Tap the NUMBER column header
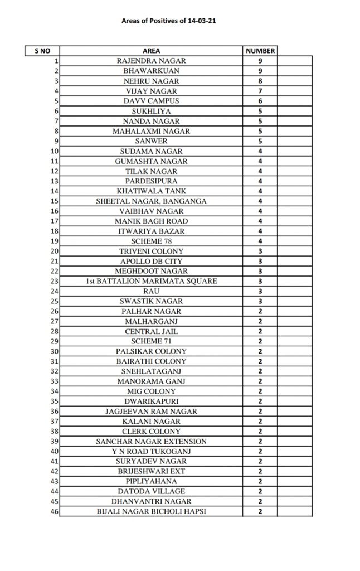click(260, 51)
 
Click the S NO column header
click(42, 51)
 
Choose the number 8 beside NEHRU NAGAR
click(260, 81)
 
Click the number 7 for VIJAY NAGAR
click(260, 91)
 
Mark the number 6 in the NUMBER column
click(260, 101)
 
